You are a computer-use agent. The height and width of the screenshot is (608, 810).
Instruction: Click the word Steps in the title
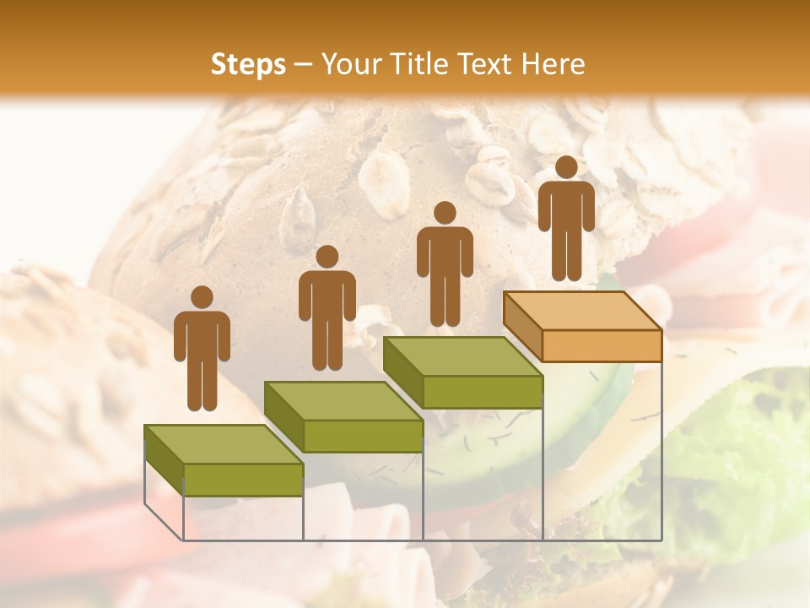pyautogui.click(x=248, y=64)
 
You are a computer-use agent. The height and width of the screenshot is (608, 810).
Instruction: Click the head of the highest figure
pyautogui.click(x=566, y=167)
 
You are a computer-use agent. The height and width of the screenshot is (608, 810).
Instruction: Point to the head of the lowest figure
pyautogui.click(x=202, y=297)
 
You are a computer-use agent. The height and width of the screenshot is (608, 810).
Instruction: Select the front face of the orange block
pyautogui.click(x=601, y=345)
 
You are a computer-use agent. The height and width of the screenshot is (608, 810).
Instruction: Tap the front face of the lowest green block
pyautogui.click(x=243, y=479)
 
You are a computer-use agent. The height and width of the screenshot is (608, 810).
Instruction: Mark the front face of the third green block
pyautogui.click(x=482, y=392)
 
